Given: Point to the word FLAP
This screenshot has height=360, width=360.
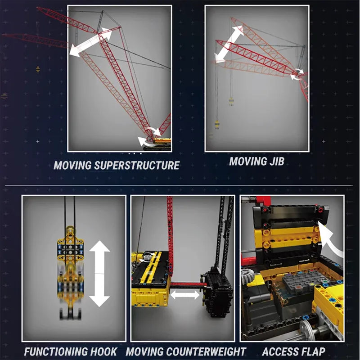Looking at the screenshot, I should pos(310,352).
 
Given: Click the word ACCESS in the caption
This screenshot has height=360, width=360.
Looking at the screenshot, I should pos(279,352).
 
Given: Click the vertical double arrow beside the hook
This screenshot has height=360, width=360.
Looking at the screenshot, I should pos(99,274).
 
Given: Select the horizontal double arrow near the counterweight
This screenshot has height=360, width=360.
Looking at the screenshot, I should pos(185,295).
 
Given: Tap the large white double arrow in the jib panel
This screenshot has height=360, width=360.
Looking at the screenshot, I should pos(229,44).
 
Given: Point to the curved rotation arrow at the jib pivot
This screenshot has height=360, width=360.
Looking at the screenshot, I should pos(297,74).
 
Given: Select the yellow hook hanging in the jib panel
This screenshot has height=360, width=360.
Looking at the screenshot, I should pos(217,123).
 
